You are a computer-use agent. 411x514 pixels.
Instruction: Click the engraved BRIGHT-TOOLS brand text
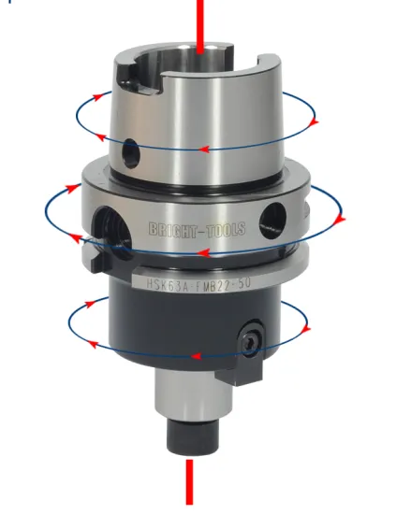[x=197, y=230]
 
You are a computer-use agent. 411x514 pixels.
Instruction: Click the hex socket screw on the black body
[x=252, y=343]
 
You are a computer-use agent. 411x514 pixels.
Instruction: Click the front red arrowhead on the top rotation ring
[x=201, y=150]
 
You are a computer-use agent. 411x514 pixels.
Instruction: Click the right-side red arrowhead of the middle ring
[x=341, y=220]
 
